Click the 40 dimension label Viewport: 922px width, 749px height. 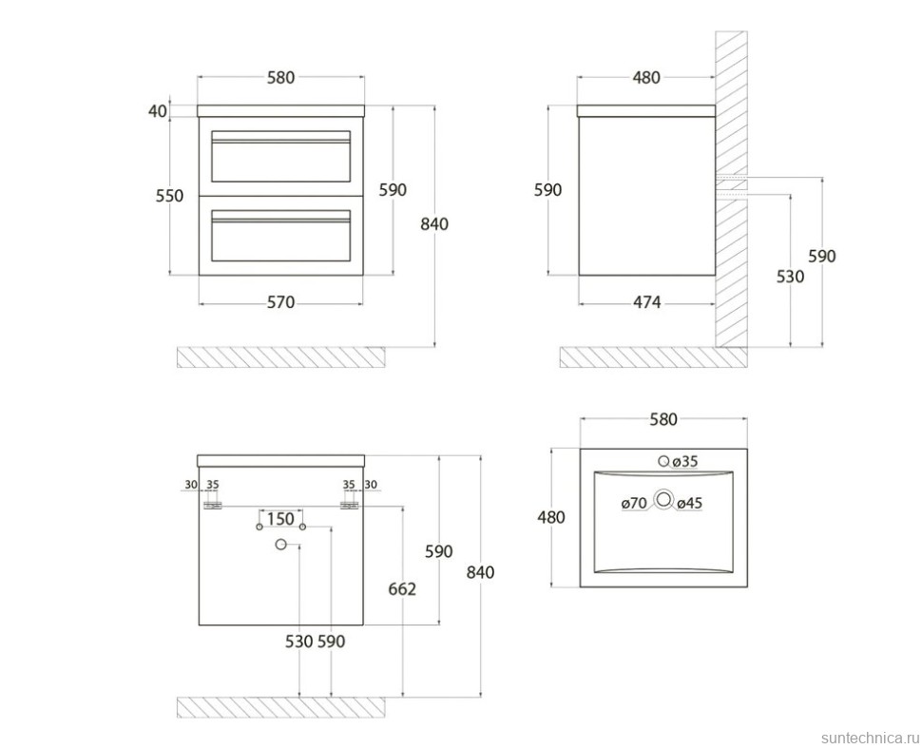coord(158,110)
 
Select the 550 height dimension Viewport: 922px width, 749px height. coord(169,195)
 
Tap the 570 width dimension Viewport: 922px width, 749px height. coord(280,302)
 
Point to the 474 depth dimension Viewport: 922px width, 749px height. coord(646,302)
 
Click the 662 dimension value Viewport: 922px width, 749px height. coord(402,588)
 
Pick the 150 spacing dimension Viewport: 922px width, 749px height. coord(280,519)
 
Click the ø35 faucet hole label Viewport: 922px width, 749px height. coord(684,462)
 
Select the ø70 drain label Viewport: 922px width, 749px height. coord(634,503)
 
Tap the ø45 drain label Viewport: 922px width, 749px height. coord(689,503)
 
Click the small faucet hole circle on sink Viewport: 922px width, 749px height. coord(663,462)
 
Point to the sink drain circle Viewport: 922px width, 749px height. coord(663,500)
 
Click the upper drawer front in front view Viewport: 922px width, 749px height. coord(280,157)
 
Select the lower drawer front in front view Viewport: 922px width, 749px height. coord(280,236)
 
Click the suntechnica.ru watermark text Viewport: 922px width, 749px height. coord(870,738)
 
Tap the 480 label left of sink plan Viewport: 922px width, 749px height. coord(551,517)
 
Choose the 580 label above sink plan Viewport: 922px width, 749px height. coord(663,419)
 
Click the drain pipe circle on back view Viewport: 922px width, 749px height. coord(280,545)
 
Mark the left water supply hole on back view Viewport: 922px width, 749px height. coord(259,527)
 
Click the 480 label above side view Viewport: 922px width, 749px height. coord(646,77)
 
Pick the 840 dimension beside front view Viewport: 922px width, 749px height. coord(434,224)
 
